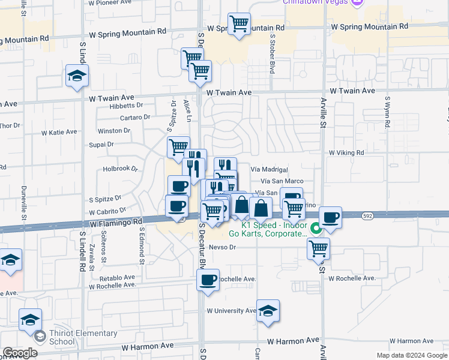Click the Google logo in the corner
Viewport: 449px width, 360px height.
pyautogui.click(x=20, y=353)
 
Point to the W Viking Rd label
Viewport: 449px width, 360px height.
pyautogui.click(x=346, y=153)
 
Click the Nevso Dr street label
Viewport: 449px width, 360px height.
pyautogui.click(x=223, y=247)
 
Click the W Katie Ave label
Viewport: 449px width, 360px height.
pyautogui.click(x=59, y=132)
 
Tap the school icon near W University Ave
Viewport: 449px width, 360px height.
pyautogui.click(x=268, y=311)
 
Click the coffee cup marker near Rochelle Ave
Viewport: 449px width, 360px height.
pyautogui.click(x=208, y=280)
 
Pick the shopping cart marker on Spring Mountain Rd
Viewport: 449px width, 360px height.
pyautogui.click(x=239, y=23)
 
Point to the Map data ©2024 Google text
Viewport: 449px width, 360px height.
pyautogui.click(x=412, y=355)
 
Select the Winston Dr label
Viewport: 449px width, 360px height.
pyautogui.click(x=110, y=131)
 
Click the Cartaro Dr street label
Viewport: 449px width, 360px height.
pyautogui.click(x=134, y=118)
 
